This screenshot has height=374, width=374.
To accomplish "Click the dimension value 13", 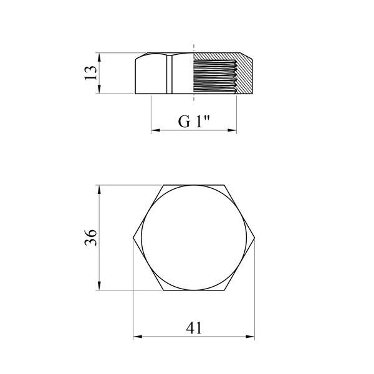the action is (91, 73).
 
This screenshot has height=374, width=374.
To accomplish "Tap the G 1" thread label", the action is (194, 122).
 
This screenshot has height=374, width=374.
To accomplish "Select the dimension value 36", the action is (91, 237).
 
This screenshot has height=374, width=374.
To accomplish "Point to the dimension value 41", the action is (194, 328).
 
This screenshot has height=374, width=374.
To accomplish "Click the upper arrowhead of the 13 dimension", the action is (100, 57).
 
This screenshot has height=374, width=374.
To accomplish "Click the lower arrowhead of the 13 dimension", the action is (100, 89).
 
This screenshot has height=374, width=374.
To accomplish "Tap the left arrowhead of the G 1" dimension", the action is (156, 130).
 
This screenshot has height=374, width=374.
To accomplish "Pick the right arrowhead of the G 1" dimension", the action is (232, 130).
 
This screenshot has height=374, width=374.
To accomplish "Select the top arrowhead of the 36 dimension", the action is (100, 189).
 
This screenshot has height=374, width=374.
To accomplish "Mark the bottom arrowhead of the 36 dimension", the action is (100, 285).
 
